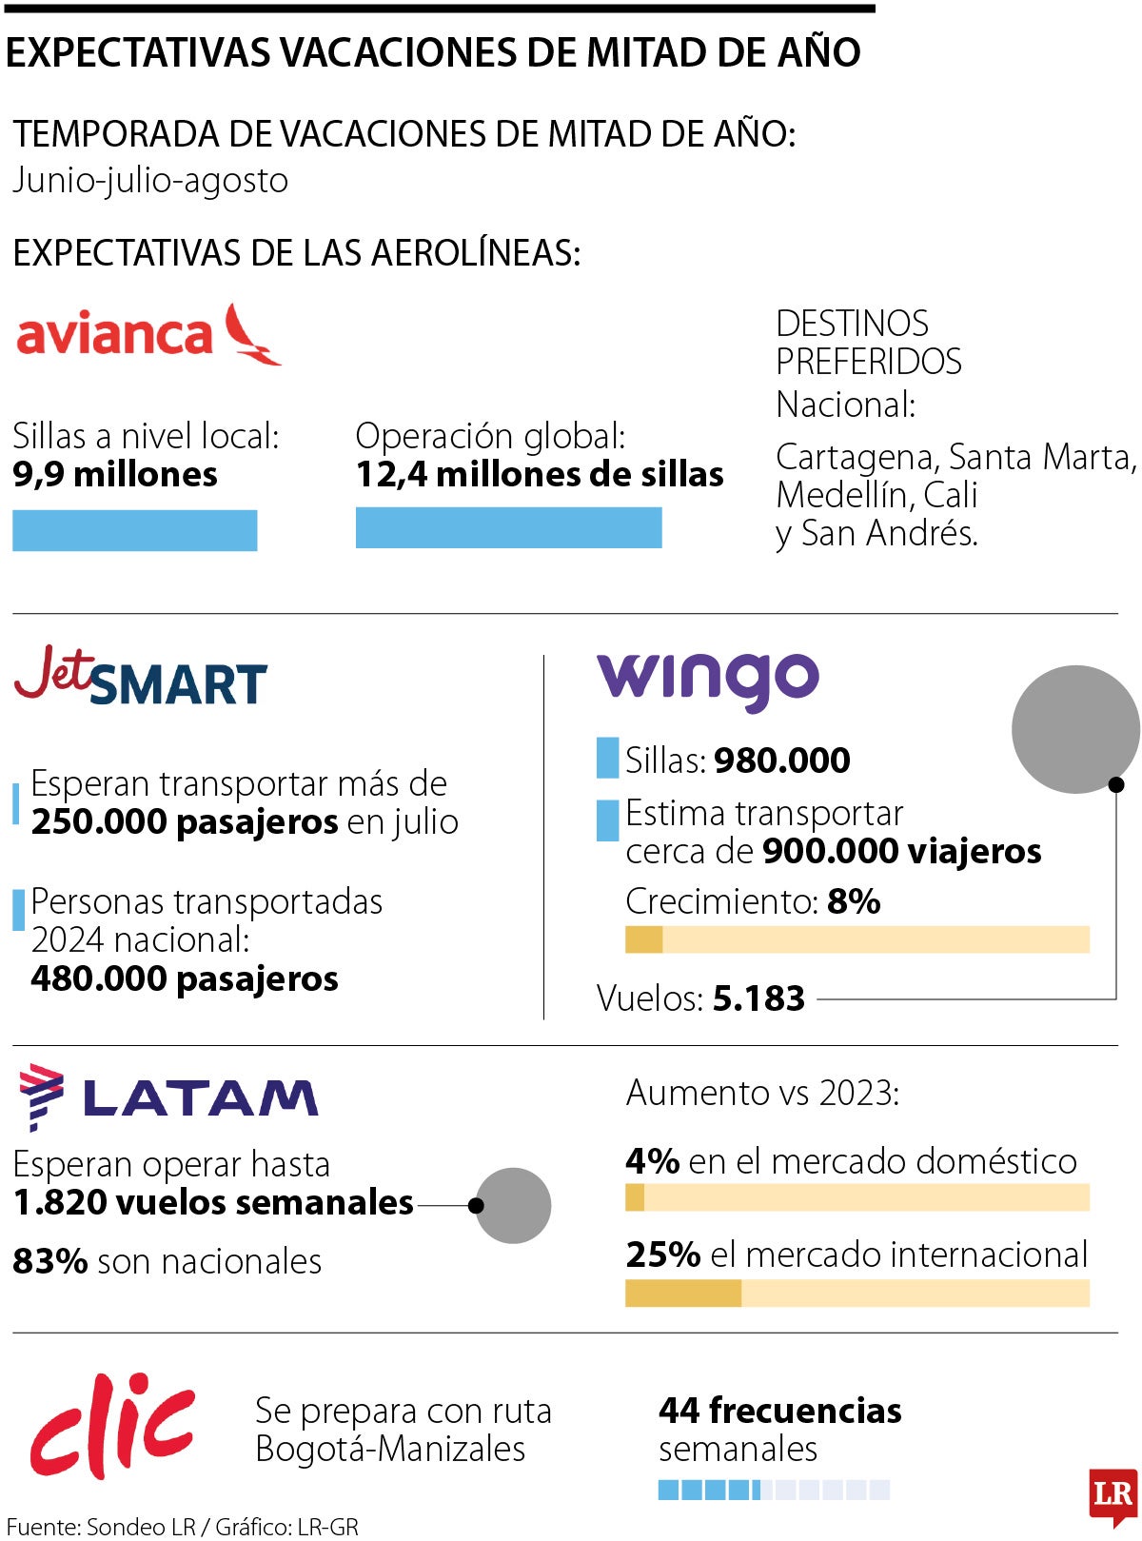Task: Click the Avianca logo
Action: point(148,334)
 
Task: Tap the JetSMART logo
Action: point(141,677)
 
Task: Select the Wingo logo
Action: point(707,680)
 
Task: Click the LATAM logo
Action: point(168,1096)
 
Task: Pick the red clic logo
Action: point(112,1425)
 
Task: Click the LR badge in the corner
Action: point(1112,1493)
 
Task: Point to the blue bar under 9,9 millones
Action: point(134,530)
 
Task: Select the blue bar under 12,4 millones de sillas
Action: point(508,527)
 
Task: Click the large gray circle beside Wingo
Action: point(1074,729)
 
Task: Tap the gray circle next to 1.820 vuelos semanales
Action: point(514,1205)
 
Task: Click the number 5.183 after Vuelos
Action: point(758,998)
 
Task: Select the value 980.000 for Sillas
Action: point(782,761)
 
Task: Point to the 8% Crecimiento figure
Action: point(854,901)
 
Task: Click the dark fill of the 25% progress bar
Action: point(682,1293)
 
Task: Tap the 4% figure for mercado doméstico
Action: point(652,1161)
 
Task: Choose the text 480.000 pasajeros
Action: point(185,978)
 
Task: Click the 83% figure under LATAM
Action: point(50,1261)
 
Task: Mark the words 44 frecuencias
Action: point(779,1411)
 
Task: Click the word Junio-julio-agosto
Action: point(150,181)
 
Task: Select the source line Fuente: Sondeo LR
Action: point(101,1527)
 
